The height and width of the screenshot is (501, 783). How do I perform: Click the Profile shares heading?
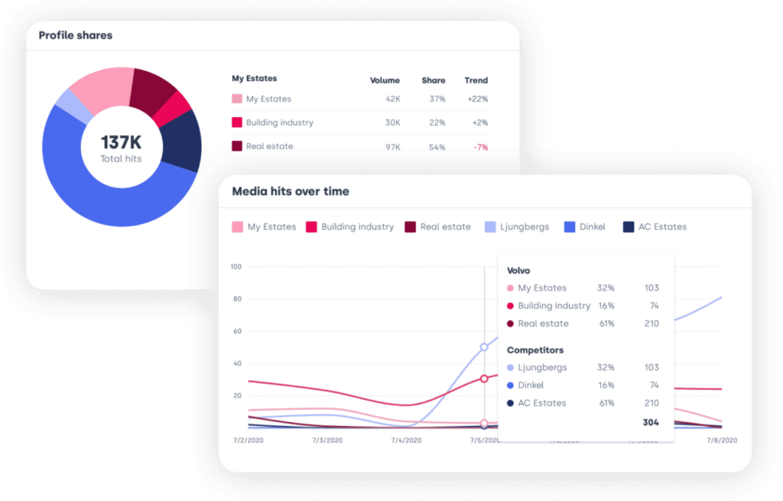[x=76, y=35]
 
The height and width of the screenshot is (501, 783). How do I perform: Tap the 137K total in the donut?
[x=121, y=143]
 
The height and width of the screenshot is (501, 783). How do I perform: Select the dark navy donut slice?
[x=182, y=141]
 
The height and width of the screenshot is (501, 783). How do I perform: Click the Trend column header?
[x=476, y=80]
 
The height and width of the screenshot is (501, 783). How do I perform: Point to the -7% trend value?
[x=480, y=147]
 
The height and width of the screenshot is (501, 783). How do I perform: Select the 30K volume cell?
[x=392, y=122]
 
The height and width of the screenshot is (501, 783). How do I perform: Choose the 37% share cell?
[x=437, y=99]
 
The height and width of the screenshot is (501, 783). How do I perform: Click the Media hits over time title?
[x=290, y=191]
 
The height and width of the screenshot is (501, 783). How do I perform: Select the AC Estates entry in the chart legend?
[x=655, y=227]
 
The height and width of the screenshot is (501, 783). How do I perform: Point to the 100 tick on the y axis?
[x=236, y=267]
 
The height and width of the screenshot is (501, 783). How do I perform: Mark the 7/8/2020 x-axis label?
[x=721, y=441]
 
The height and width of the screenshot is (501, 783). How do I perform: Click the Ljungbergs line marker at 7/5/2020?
[x=484, y=347]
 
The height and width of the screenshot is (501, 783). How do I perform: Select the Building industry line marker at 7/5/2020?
[x=484, y=379]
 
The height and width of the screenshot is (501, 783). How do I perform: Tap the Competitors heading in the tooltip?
[x=535, y=350]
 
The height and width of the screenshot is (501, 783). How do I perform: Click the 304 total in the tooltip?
[x=650, y=422]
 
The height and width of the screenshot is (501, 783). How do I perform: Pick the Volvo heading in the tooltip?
[x=518, y=271]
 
